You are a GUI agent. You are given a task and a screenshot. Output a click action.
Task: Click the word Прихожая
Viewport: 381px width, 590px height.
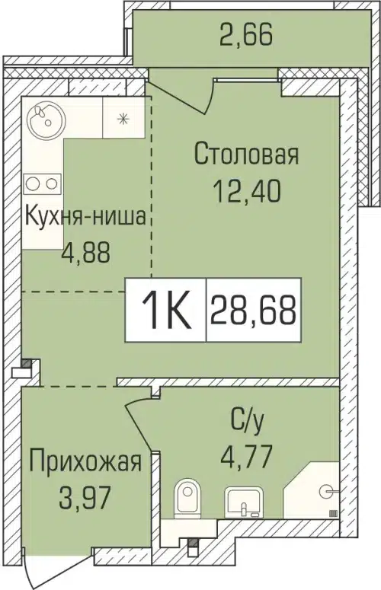point(85,462)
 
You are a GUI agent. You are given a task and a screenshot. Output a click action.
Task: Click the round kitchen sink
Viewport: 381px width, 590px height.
point(45,117)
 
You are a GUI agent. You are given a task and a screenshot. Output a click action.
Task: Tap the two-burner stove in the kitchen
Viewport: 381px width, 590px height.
point(42,183)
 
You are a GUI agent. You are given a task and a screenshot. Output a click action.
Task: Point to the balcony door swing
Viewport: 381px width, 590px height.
point(183,90)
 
